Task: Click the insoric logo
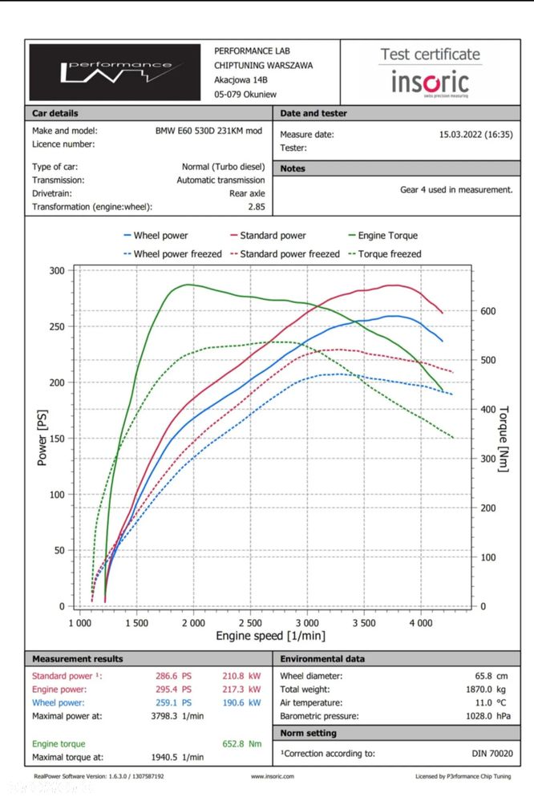(430, 81)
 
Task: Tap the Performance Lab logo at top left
(115, 73)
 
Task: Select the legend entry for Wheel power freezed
(172, 254)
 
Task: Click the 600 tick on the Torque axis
(487, 311)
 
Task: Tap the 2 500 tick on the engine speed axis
(250, 622)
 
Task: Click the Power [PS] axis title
(42, 438)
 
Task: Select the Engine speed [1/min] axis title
(271, 636)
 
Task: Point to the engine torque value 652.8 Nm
(244, 744)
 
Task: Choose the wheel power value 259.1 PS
(173, 702)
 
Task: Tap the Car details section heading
(55, 113)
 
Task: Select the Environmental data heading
(322, 659)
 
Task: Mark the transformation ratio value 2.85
(257, 207)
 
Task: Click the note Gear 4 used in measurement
(455, 190)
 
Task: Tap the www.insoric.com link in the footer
(272, 776)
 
